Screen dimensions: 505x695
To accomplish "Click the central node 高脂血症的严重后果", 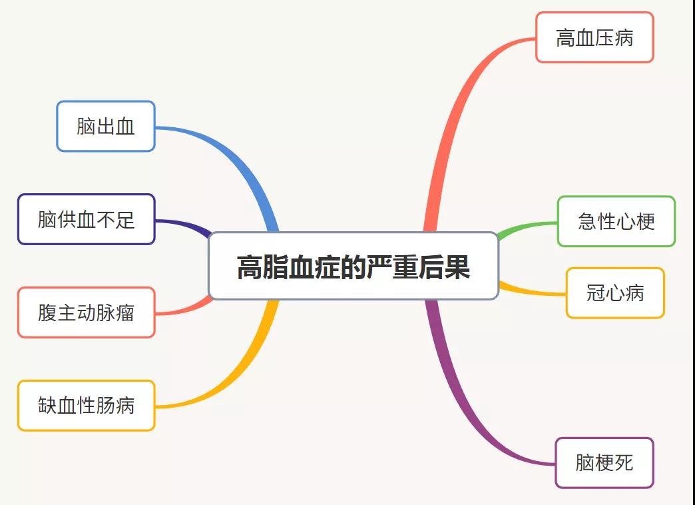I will coord(353,266).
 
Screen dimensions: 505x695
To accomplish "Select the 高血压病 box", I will coord(594,38).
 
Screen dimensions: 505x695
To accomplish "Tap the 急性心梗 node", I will coord(616,221).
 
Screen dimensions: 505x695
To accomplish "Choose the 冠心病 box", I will coord(615,293).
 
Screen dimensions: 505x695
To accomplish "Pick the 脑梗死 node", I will coord(604,463).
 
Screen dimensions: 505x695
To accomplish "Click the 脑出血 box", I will coord(106,127).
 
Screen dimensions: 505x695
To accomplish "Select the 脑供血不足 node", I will coord(87,219).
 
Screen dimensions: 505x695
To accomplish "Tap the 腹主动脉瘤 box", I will coord(87,312).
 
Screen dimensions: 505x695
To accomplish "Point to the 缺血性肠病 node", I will coord(87,405).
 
